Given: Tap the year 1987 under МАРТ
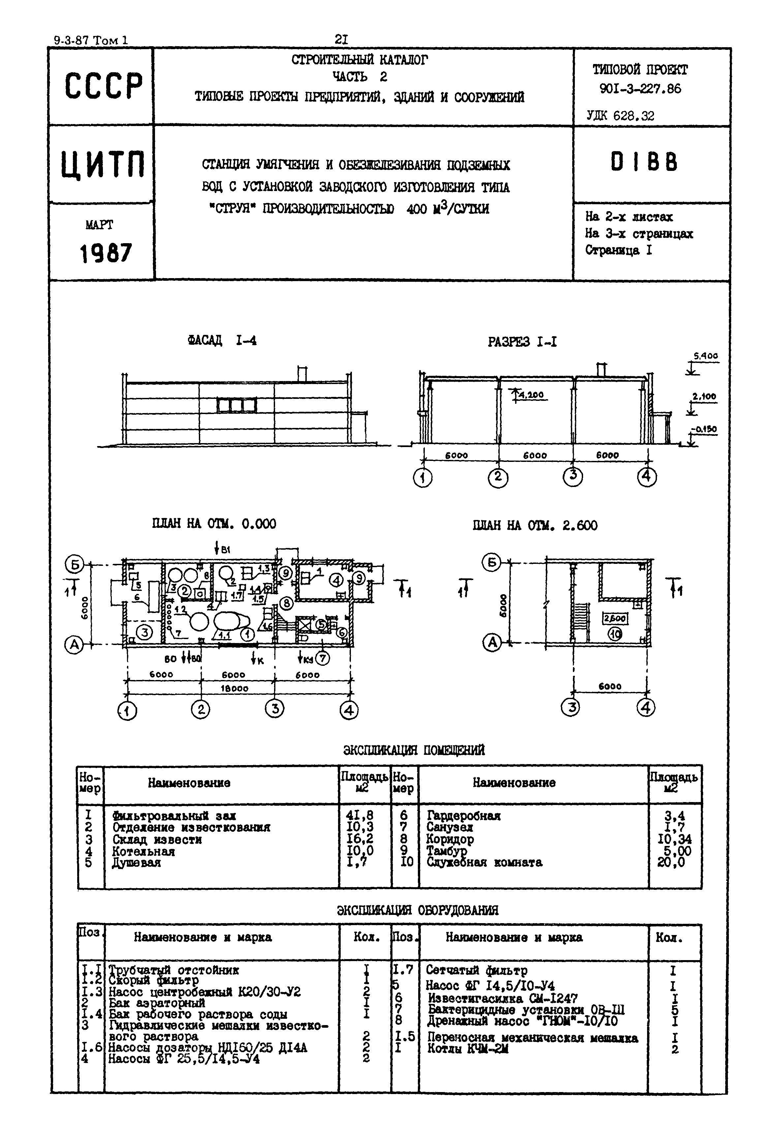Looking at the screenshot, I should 106,253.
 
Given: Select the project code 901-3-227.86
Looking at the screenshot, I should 640,89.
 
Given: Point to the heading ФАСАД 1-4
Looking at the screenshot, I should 222,340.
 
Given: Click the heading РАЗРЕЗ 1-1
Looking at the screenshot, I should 522,342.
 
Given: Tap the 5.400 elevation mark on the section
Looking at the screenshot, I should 705,356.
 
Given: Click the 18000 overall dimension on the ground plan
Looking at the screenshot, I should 234,688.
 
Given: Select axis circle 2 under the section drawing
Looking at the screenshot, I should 498,477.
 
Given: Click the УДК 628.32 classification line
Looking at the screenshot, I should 620,116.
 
